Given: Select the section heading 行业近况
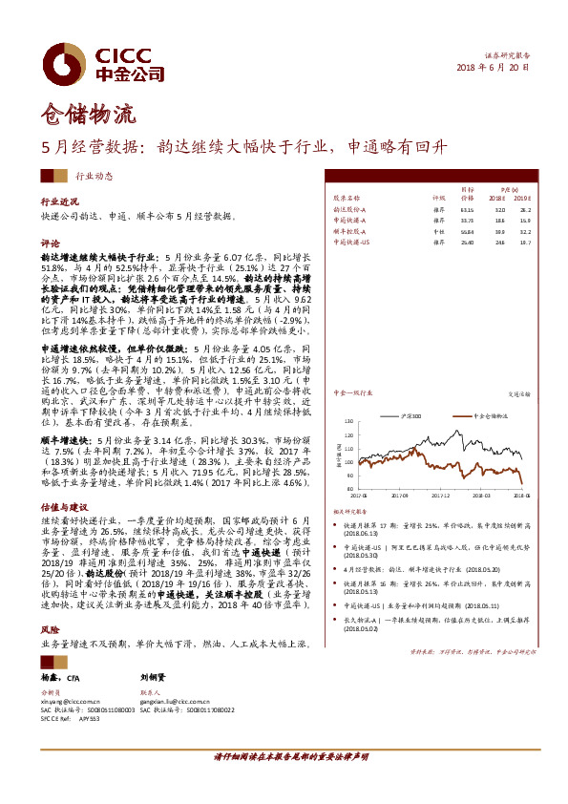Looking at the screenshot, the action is (x=59, y=203).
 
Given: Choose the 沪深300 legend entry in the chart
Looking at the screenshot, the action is (x=414, y=391).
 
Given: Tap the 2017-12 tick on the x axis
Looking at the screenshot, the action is (x=440, y=496).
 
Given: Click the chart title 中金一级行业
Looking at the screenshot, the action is (x=350, y=366).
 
